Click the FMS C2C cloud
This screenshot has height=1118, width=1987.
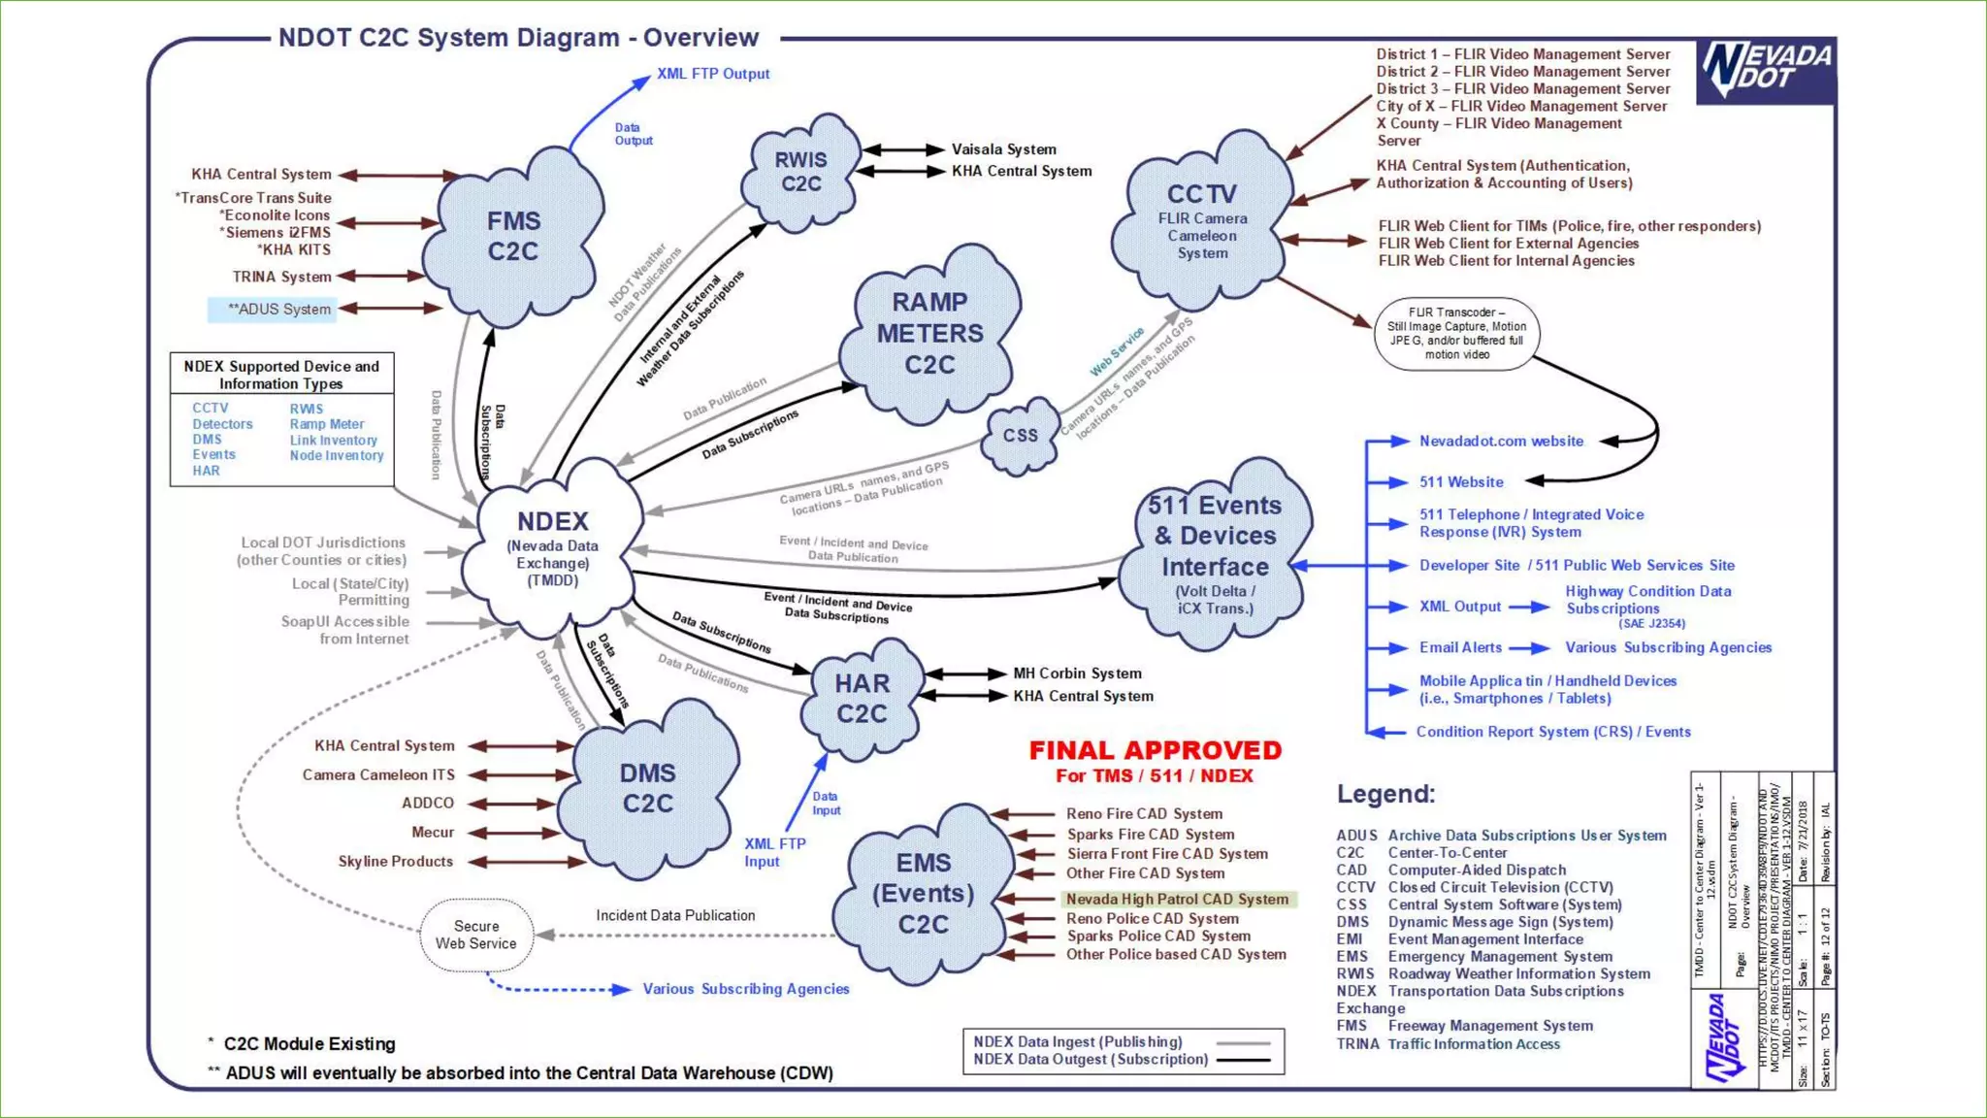tap(514, 236)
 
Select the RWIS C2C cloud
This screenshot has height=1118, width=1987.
tap(801, 172)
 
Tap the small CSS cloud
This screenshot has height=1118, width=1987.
tap(1020, 436)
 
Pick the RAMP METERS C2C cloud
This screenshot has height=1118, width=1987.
tap(929, 333)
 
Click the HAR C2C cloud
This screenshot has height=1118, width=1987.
tap(862, 698)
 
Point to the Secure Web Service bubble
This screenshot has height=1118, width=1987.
tap(476, 935)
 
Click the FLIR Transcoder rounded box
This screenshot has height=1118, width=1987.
tap(1456, 333)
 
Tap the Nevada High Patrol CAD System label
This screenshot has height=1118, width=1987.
tap(1177, 900)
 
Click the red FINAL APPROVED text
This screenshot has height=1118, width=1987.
tap(1155, 750)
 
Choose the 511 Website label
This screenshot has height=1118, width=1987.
tap(1461, 481)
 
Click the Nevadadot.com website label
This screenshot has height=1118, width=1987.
tap(1501, 441)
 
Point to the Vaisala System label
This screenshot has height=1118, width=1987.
tap(1004, 149)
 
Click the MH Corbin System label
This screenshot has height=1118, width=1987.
tap(1077, 674)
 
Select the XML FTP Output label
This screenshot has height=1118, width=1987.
tap(713, 74)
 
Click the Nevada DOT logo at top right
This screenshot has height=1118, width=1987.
tap(1766, 71)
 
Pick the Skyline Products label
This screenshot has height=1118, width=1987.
tap(395, 862)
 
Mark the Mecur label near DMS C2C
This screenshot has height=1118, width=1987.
tap(433, 833)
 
